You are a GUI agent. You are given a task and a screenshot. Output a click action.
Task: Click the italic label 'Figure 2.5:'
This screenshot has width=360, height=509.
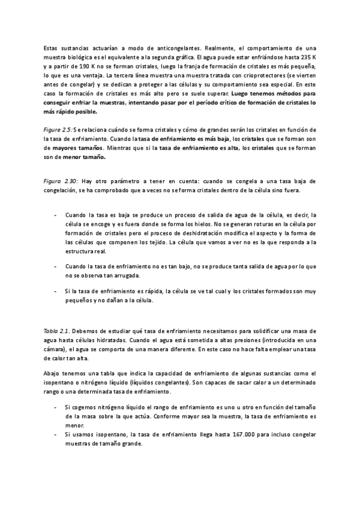[59, 130]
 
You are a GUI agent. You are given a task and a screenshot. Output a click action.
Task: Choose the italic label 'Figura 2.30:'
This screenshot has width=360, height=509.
[62, 180]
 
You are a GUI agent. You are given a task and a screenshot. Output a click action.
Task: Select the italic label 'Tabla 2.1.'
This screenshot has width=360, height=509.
[57, 331]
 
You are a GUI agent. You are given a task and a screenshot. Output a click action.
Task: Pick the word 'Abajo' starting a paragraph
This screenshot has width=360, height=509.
[52, 373]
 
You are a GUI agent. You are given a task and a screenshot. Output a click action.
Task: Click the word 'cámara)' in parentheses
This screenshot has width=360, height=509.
[56, 349]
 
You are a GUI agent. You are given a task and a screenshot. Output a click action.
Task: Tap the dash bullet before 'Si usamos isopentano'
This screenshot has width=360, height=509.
[56, 433]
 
